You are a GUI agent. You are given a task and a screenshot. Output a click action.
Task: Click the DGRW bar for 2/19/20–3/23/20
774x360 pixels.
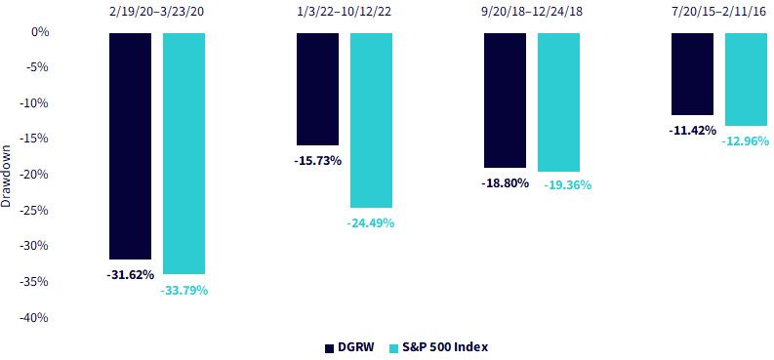coord(131,146)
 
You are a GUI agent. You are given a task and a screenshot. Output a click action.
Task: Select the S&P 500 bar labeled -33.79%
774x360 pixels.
coord(183,153)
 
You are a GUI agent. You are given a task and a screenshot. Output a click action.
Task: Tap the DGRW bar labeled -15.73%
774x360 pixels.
coord(317,89)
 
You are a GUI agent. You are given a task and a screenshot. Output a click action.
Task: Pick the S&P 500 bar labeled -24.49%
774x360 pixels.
coord(371,120)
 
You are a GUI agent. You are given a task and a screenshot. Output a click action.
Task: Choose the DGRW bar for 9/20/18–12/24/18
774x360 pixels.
coord(505,100)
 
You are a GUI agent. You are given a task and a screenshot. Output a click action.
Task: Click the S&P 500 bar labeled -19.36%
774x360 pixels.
coord(558,102)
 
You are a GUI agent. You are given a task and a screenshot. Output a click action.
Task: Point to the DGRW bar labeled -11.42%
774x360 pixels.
coord(693,74)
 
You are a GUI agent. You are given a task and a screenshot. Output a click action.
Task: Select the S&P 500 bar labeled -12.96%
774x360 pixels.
coord(746,79)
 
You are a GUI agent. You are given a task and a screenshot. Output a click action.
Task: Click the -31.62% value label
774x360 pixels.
coord(131,275)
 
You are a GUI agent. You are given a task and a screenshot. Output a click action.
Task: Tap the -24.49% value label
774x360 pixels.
coord(371,223)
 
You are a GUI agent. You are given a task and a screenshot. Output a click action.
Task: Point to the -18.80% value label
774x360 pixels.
coord(505,183)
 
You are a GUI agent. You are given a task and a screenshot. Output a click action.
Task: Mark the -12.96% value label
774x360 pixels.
coord(746,141)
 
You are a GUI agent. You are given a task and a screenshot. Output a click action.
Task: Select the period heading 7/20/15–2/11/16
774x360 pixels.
coord(719,12)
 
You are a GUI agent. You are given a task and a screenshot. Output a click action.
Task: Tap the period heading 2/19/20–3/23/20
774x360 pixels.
coord(157,12)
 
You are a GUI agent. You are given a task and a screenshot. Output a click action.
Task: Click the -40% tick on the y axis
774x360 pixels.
coord(34,318)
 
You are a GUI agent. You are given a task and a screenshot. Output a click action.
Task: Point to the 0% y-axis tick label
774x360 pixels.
coord(40,32)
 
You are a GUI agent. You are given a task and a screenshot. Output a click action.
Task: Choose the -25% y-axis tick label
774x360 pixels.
coord(34,211)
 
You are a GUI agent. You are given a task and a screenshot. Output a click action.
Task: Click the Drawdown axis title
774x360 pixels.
coord(7,175)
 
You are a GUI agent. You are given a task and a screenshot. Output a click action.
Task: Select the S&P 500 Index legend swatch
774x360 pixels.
coord(394,347)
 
